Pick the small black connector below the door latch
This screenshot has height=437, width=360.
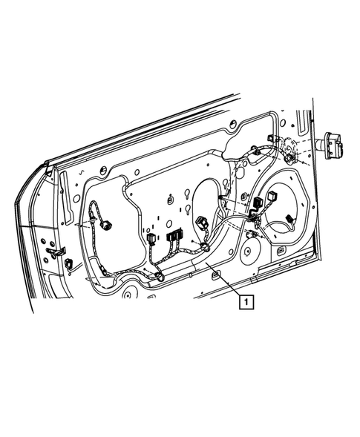coord(69,263)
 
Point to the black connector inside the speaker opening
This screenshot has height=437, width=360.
coord(258,203)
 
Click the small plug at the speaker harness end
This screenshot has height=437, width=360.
coord(289,220)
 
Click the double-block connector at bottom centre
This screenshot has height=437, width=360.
coord(175,235)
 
